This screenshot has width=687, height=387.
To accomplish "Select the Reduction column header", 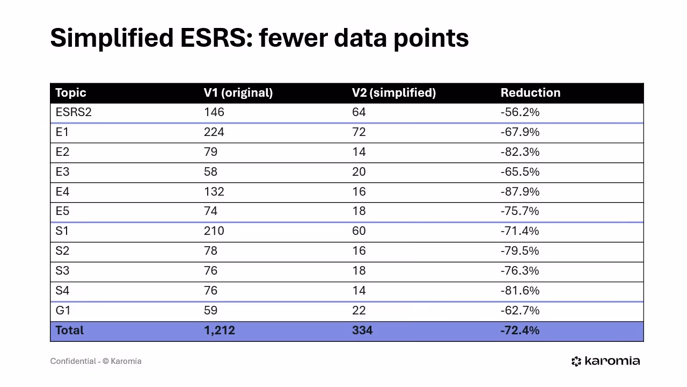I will click(x=530, y=93).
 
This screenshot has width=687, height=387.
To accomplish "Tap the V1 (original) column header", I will click(x=238, y=93).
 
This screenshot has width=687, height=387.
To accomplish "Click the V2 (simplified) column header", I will click(x=393, y=93).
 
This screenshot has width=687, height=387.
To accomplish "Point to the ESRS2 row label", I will click(x=74, y=112).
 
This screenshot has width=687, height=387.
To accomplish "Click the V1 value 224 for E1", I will click(x=214, y=132).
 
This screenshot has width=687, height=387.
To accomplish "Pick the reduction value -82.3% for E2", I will click(x=520, y=152).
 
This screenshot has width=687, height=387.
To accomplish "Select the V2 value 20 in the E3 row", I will click(x=359, y=172).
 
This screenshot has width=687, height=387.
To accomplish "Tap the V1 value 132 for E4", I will click(x=214, y=192).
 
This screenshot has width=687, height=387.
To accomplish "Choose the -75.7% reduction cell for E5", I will click(x=520, y=211).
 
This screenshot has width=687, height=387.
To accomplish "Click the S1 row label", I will click(x=62, y=231).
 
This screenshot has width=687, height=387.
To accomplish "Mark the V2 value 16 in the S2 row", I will click(x=359, y=251).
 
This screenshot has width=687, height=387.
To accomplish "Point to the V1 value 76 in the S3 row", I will click(x=210, y=271).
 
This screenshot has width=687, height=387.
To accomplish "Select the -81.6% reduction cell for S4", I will click(x=520, y=291).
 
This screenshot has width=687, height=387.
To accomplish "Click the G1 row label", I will click(x=63, y=311).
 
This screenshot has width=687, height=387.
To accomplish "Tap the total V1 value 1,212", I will click(x=219, y=331).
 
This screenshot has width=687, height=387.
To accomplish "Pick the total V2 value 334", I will click(x=362, y=331).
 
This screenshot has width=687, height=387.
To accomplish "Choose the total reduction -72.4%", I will click(x=520, y=331).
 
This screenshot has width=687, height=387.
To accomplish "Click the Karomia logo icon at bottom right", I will click(x=576, y=361).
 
